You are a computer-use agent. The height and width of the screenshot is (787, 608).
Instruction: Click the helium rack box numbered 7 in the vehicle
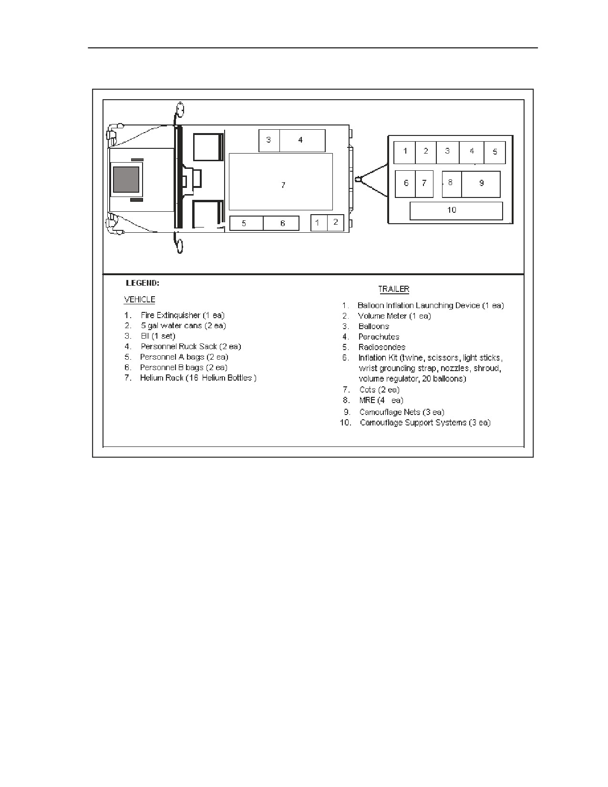(281, 181)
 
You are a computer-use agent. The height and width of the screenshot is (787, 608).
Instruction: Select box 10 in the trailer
(456, 211)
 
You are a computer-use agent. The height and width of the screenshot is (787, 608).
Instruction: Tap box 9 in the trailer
(481, 184)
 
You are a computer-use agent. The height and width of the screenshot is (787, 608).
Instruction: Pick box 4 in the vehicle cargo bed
(302, 141)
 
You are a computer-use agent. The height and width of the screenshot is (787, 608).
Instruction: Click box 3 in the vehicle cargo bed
(269, 141)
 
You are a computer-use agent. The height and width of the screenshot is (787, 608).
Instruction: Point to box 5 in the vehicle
(246, 223)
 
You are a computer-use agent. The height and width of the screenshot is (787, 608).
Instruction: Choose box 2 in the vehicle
(335, 223)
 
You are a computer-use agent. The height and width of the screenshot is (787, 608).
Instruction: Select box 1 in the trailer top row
(404, 153)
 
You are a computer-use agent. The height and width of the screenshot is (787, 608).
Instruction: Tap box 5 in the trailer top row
(495, 153)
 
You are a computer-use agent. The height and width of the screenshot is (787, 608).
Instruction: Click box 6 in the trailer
(405, 184)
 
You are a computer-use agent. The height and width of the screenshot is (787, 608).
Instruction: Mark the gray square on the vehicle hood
(126, 180)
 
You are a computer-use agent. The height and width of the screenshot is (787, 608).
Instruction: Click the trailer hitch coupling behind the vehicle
(359, 179)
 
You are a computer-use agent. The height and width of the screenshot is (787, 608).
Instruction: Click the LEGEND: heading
(142, 283)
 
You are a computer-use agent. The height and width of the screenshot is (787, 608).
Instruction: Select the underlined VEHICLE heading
(139, 300)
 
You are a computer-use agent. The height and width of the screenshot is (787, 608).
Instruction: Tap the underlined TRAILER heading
(393, 289)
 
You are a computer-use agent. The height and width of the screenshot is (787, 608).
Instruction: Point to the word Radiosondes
(382, 347)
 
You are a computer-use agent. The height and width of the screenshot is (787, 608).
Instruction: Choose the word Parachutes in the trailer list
(379, 337)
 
